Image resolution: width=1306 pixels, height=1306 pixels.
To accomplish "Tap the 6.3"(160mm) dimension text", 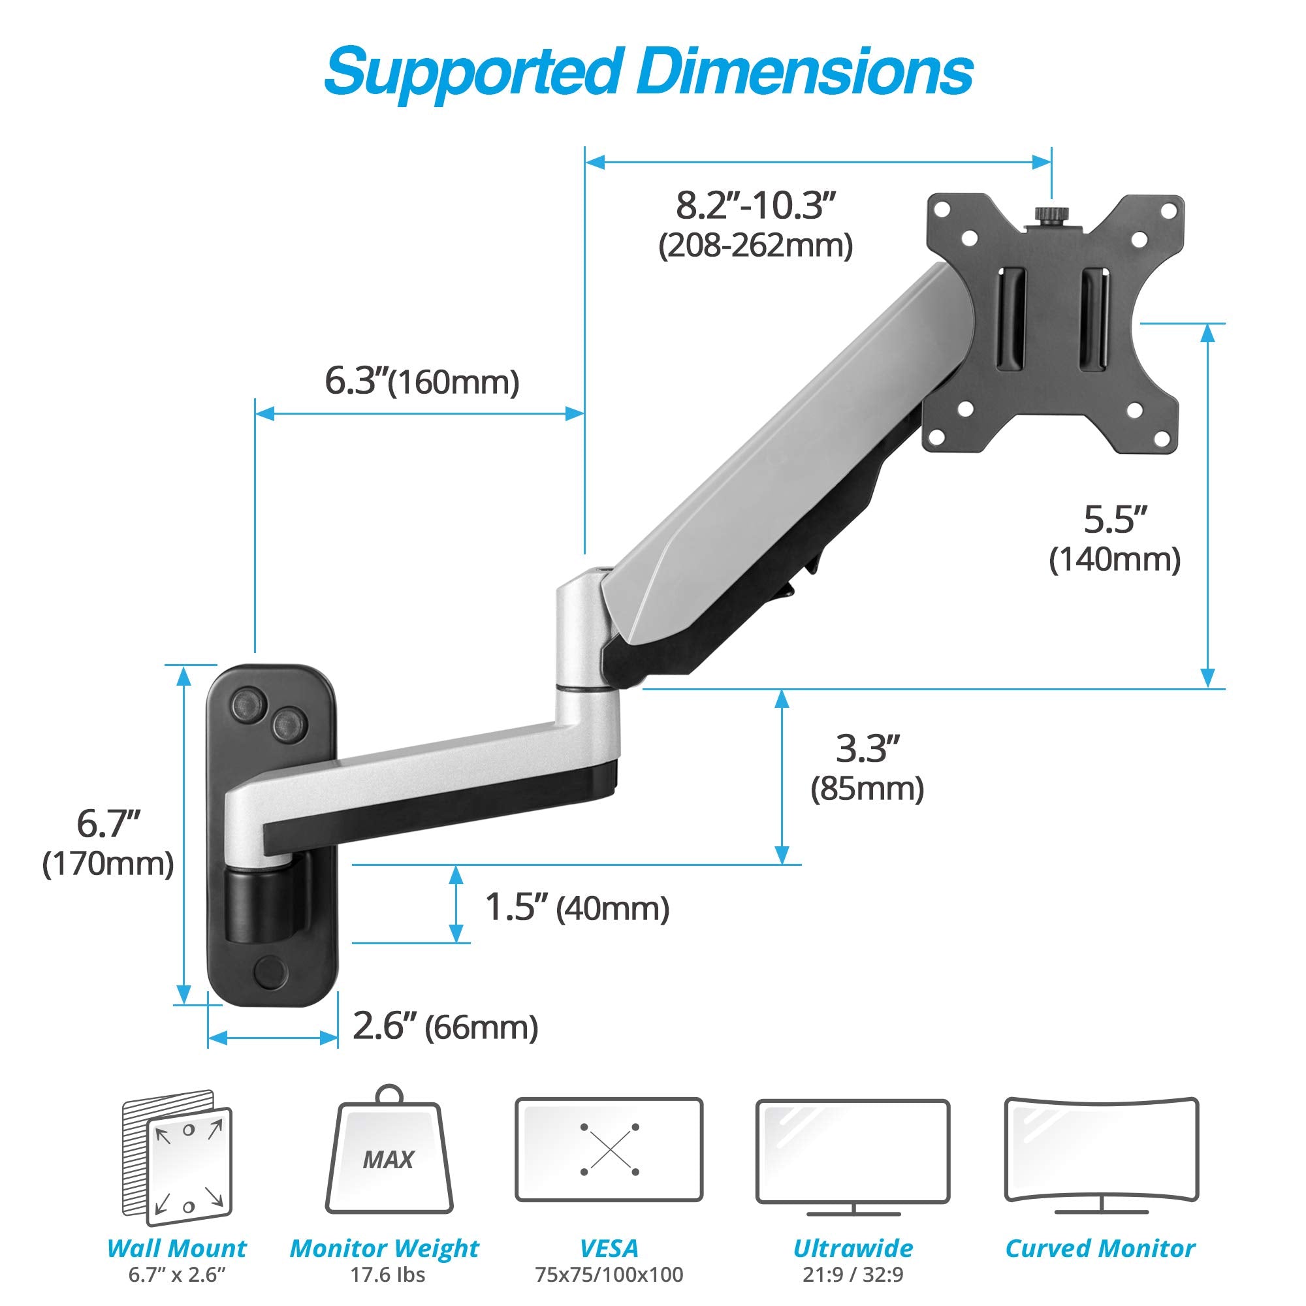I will (x=422, y=382).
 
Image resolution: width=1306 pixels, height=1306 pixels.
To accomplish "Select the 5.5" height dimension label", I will (x=1115, y=520).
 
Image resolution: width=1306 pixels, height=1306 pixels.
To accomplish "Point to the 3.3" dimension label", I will (x=868, y=749).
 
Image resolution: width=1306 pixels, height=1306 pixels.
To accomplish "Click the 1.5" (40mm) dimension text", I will (x=577, y=908).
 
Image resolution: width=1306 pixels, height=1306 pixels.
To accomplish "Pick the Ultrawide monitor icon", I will (x=853, y=1153).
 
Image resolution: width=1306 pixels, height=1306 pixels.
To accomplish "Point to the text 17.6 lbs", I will (x=387, y=1275).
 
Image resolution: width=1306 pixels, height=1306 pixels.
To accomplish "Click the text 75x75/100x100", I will (x=609, y=1275).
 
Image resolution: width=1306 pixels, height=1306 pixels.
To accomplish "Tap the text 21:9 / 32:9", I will (x=853, y=1275).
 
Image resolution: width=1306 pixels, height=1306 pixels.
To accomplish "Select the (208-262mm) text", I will (x=756, y=246).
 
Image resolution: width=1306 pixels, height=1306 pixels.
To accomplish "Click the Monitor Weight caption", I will (x=384, y=1249).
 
